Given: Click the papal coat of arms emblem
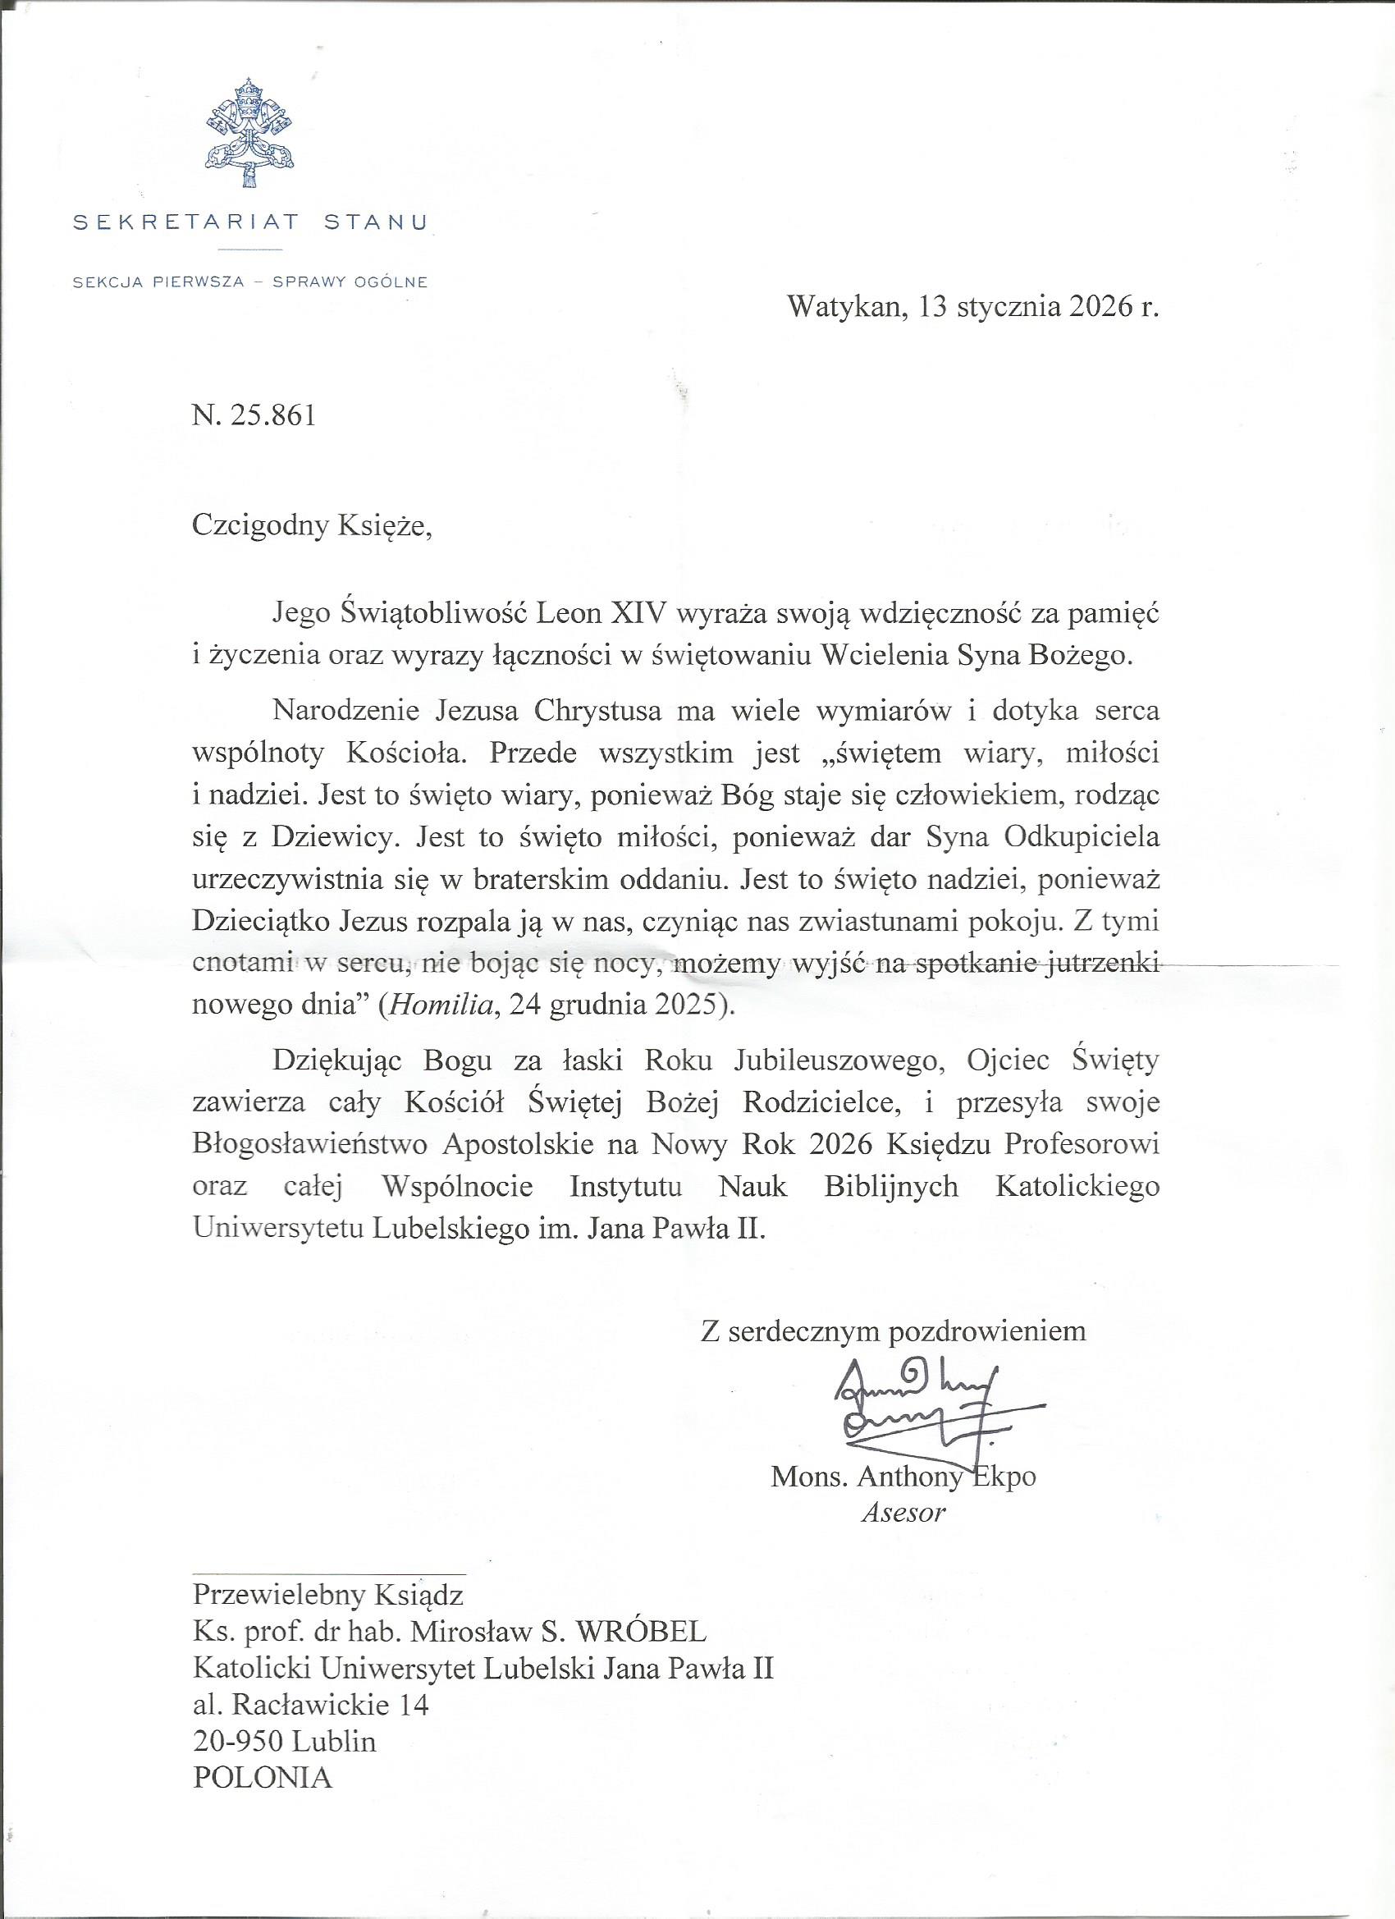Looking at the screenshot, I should coord(249,134).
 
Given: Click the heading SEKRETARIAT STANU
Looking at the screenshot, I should coord(250,222).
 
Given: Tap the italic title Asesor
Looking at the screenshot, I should coord(902,1512).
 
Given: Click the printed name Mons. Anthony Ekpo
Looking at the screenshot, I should coord(903,1477).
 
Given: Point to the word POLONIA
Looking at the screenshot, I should coord(263,1753).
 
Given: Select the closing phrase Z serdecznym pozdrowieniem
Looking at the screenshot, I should coord(893,1330).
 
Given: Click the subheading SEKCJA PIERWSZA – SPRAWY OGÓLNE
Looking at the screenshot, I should coord(250,282).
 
